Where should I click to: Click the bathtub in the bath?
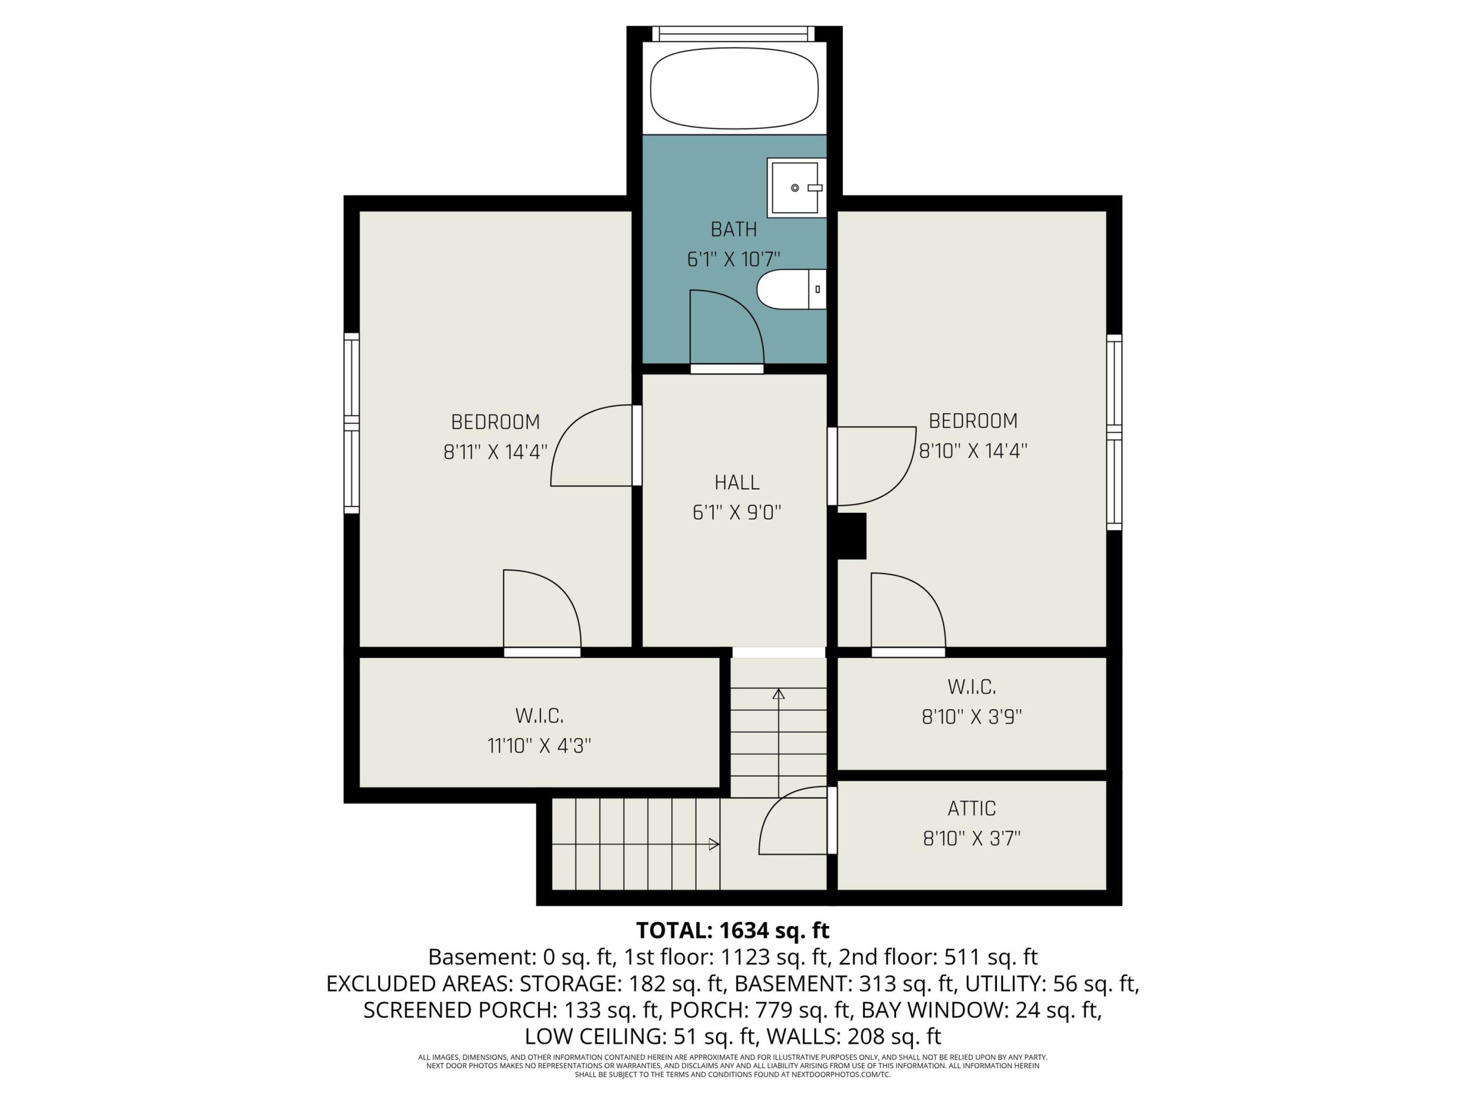pos(734,88)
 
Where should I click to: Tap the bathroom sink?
pos(797,188)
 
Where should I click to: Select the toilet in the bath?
pos(792,290)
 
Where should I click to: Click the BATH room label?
pos(734,229)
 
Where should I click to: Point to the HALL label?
pos(736,483)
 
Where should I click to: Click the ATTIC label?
pos(972,808)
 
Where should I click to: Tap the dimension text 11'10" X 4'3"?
pos(539,746)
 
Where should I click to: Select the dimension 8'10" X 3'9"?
pos(972,717)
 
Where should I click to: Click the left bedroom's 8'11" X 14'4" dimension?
pos(495,452)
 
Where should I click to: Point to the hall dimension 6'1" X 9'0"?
pos(736,512)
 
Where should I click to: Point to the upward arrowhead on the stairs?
pos(779,694)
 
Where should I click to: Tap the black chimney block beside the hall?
pos(852,536)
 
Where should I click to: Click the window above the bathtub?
pos(734,34)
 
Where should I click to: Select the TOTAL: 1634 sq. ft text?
pos(732,930)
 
